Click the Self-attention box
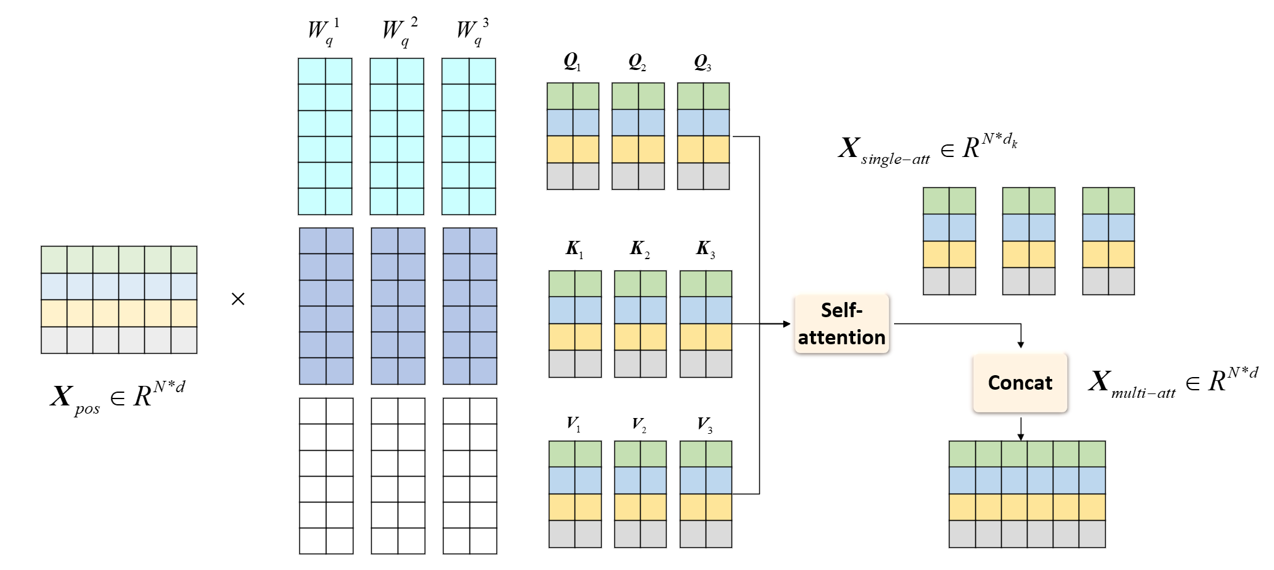click(842, 324)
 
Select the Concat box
click(1020, 383)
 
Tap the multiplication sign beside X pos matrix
click(238, 299)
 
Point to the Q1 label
click(572, 62)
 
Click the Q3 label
click(703, 62)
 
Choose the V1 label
click(573, 424)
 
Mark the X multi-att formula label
click(1173, 383)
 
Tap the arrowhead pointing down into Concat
click(1021, 344)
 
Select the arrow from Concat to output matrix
click(1021, 429)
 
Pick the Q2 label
click(637, 62)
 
